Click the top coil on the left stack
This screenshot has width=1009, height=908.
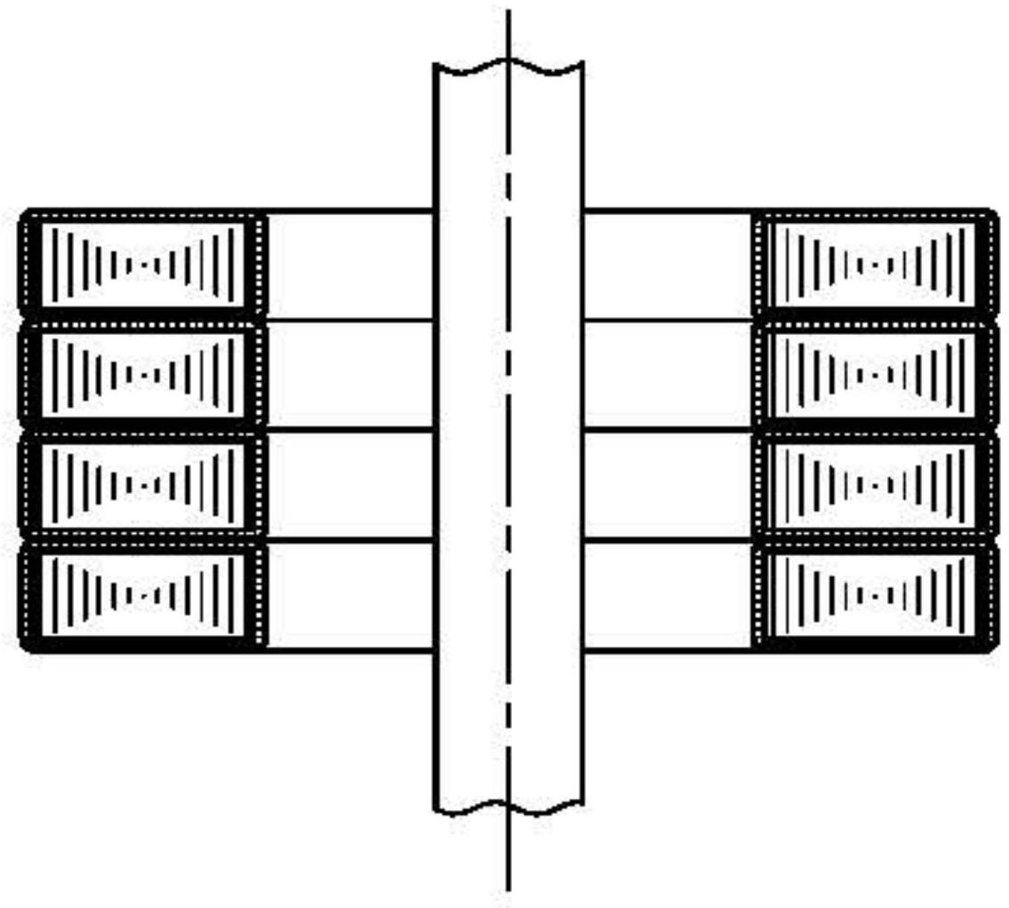(143, 264)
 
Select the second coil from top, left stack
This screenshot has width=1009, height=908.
(143, 374)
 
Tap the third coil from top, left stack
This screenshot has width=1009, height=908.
(143, 484)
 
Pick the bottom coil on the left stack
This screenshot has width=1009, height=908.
(143, 594)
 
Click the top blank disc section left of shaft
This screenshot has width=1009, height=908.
(349, 265)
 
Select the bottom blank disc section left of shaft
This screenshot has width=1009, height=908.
(349, 594)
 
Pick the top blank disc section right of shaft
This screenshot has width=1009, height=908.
(668, 265)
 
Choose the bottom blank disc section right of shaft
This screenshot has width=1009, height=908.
(668, 594)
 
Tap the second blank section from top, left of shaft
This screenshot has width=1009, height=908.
(349, 374)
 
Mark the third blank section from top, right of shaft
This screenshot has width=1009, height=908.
(668, 484)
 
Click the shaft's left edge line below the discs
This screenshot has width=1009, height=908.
(435, 729)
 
